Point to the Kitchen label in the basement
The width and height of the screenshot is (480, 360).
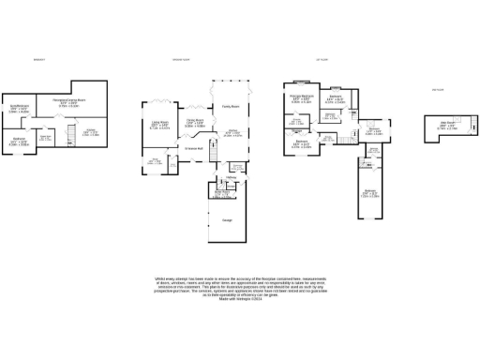[91, 132]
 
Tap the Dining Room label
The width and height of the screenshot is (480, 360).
[194, 121]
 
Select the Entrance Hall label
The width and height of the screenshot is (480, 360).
[194, 148]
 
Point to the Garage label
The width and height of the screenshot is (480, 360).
[227, 220]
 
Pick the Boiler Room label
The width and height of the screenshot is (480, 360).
[222, 194]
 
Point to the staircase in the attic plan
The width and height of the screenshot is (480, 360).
[432, 139]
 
